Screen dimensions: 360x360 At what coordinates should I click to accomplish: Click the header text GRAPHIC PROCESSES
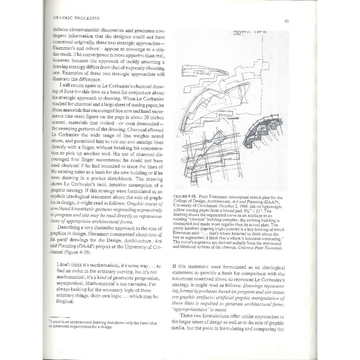(x=76, y=18)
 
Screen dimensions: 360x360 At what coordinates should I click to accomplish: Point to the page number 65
(x=287, y=21)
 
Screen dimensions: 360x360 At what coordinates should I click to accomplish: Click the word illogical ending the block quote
(x=65, y=301)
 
